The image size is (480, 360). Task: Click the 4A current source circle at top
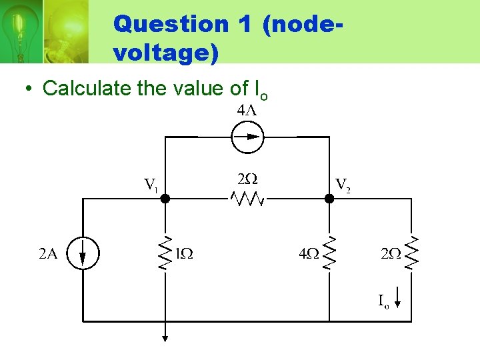tap(247, 138)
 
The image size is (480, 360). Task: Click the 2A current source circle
tap(82, 254)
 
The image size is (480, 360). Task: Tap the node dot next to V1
tap(165, 198)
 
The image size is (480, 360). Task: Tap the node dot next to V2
tap(329, 198)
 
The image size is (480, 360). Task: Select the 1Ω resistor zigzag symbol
tap(165, 253)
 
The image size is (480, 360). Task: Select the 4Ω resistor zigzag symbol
tap(329, 253)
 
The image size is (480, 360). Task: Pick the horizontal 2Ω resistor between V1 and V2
tap(247, 198)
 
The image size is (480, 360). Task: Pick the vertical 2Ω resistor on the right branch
tap(413, 253)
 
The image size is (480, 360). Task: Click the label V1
tap(151, 184)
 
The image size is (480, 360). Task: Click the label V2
tap(343, 184)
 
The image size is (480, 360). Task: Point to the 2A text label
tap(48, 253)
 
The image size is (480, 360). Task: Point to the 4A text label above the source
tap(247, 111)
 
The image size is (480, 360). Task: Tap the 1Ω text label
tap(184, 253)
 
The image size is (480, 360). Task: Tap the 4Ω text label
tap(309, 253)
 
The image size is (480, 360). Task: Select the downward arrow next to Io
tap(398, 298)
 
